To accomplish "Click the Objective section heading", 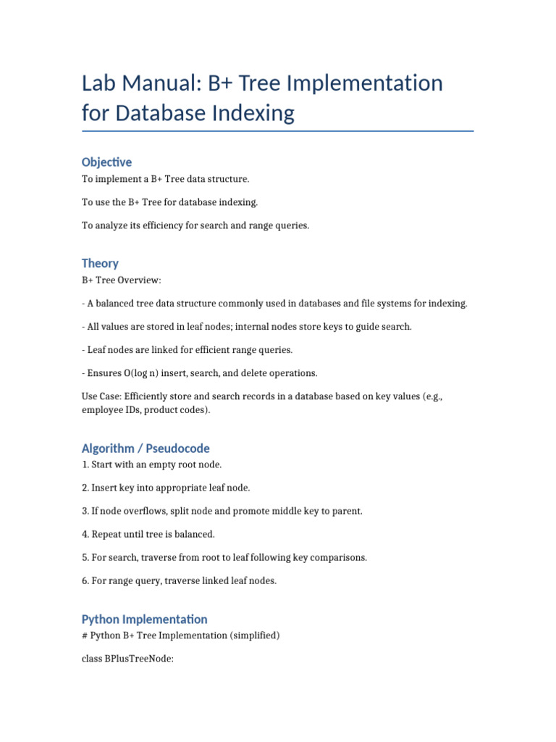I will pyautogui.click(x=106, y=162).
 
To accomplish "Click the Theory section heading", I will pyautogui.click(x=100, y=263).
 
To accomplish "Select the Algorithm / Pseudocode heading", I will pyautogui.click(x=146, y=449).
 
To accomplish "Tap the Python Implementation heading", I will pyautogui.click(x=144, y=619).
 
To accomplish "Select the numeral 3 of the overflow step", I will pyautogui.click(x=85, y=511).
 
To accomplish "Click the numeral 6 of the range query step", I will pyautogui.click(x=85, y=581).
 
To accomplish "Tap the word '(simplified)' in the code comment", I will pyautogui.click(x=253, y=635).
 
